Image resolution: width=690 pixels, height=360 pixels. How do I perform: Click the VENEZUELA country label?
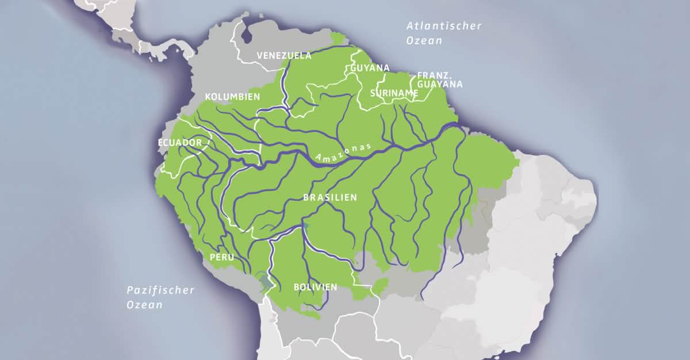[x=284, y=56]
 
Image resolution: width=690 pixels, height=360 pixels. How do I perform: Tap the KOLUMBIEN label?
[x=232, y=96]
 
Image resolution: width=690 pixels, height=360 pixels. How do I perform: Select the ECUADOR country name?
[x=180, y=143]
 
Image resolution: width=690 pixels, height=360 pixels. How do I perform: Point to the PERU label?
[x=221, y=258]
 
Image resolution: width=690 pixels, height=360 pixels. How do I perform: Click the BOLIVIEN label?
[x=315, y=286]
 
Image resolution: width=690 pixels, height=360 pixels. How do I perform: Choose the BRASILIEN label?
[x=330, y=197]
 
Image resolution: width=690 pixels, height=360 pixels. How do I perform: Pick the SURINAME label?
[x=394, y=93]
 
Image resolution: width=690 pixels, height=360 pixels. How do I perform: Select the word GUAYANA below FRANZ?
[x=440, y=84]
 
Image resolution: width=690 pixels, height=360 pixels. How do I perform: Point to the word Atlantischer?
[x=444, y=26]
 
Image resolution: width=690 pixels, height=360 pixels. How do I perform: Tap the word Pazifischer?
[x=160, y=290]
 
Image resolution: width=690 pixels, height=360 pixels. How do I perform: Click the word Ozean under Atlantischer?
[x=424, y=41]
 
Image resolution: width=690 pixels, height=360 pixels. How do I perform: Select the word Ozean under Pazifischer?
[x=144, y=305]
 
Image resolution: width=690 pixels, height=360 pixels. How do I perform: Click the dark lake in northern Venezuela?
[x=247, y=36]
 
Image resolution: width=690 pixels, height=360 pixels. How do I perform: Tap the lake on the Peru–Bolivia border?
[x=263, y=281]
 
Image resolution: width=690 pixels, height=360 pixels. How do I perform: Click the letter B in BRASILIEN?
[x=306, y=197]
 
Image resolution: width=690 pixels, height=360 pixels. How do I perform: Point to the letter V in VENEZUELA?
[x=260, y=56]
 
